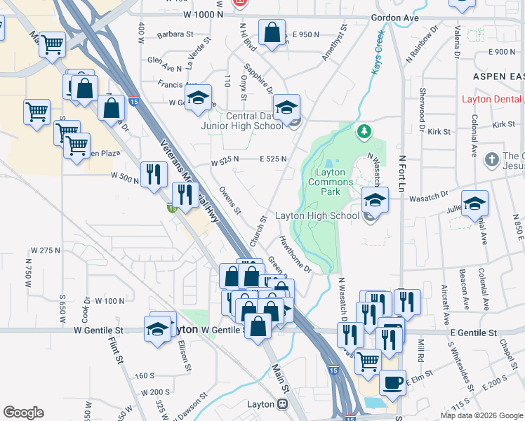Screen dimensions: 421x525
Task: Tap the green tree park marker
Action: (x=364, y=131)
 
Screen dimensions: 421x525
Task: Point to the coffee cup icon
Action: (x=392, y=383)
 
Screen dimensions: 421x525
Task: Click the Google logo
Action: (x=23, y=413)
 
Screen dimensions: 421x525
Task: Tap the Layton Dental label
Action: (x=492, y=99)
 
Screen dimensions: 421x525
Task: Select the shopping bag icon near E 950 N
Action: (x=272, y=32)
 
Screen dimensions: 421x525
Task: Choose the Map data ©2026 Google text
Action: (x=481, y=415)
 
